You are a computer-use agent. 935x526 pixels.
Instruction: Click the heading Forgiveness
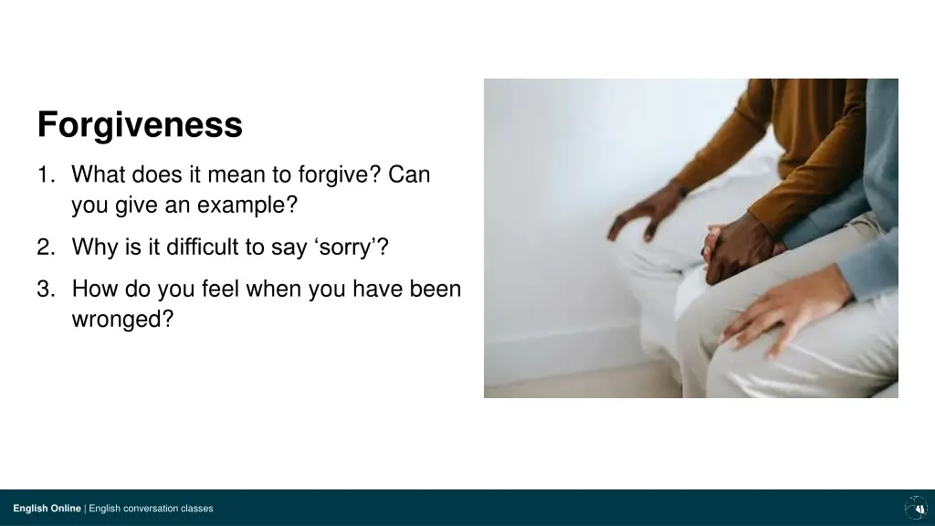point(140,124)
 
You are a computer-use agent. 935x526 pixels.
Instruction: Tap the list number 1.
point(45,174)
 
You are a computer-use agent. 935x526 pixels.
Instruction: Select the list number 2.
point(45,247)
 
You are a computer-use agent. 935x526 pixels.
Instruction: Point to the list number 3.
point(45,289)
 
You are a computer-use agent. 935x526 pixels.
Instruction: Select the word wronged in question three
point(121,321)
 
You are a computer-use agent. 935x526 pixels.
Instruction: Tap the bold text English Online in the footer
point(47,509)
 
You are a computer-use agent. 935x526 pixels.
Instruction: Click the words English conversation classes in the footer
point(151,509)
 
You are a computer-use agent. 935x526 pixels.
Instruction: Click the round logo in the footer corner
point(915,508)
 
